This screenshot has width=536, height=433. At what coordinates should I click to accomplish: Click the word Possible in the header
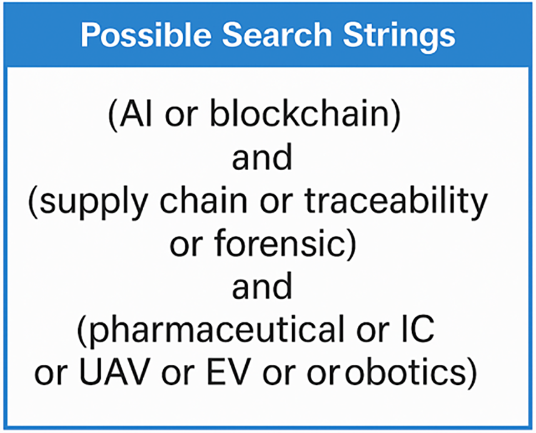(146, 35)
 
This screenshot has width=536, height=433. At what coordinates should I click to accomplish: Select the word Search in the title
(277, 35)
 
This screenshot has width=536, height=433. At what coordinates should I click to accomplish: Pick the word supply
(94, 204)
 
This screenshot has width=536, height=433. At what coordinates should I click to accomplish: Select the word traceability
(396, 204)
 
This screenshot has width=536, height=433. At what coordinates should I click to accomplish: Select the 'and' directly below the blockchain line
(262, 157)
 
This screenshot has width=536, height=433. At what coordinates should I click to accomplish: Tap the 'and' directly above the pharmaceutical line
(262, 287)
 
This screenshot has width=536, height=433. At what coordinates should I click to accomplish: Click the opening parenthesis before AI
(113, 116)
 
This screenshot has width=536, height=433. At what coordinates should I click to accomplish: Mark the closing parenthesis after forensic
(352, 245)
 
